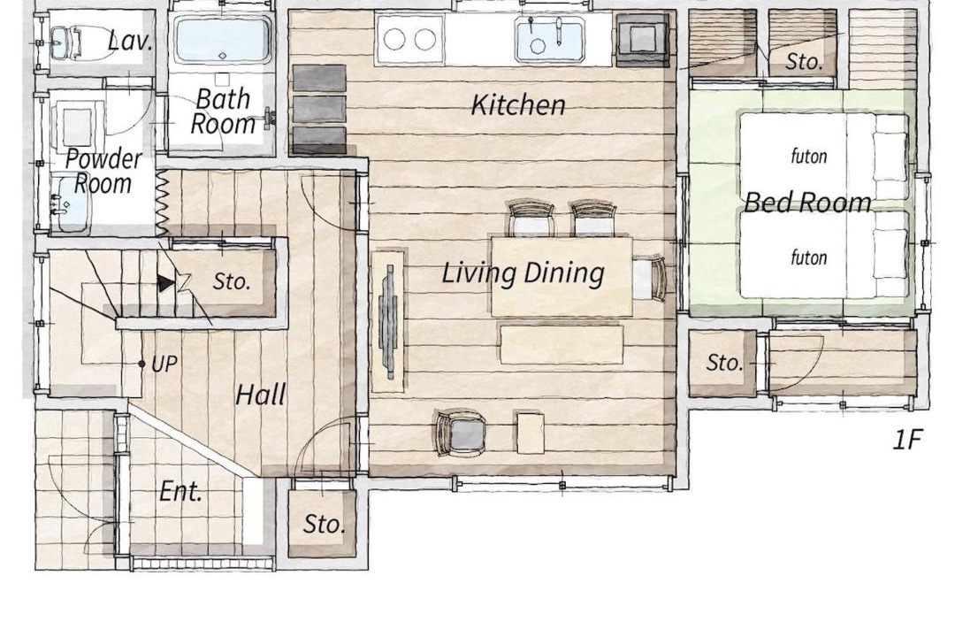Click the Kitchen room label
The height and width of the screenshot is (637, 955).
(518, 105)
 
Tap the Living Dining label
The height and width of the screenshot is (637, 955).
(523, 272)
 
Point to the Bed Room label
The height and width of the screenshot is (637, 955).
(807, 202)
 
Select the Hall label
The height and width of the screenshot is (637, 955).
(260, 395)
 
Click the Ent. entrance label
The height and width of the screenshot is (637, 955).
(180, 491)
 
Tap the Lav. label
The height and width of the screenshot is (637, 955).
(130, 42)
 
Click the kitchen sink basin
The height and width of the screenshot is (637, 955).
(550, 40)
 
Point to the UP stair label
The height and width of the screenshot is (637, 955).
(164, 365)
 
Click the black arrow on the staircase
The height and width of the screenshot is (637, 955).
(165, 283)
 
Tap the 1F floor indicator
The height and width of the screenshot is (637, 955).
(907, 439)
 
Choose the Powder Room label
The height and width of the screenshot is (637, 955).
(103, 172)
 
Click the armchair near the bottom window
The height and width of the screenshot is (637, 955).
(461, 432)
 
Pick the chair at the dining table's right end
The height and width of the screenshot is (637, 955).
(649, 280)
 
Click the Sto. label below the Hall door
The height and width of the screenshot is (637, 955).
(324, 524)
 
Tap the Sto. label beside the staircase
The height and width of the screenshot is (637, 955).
(232, 281)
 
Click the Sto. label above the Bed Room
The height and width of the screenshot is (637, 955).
(804, 61)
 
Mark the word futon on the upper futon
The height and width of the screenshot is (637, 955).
(809, 156)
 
